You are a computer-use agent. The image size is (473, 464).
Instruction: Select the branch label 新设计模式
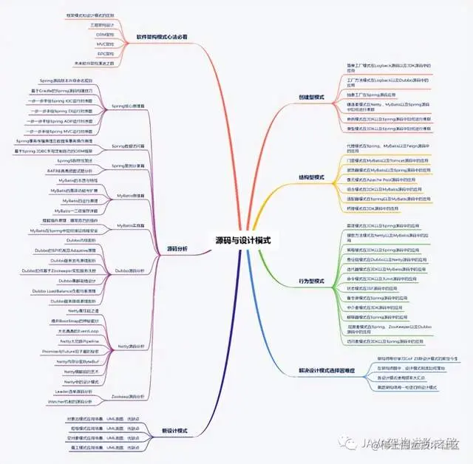(x=174, y=430)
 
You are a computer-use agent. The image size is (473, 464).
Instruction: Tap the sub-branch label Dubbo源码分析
(x=126, y=270)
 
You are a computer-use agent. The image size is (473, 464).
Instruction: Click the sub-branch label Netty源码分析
(x=128, y=346)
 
